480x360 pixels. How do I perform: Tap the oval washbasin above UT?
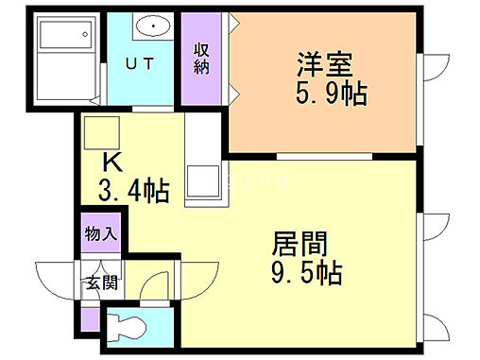[151, 27]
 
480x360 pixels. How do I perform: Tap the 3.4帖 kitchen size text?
[134, 192]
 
